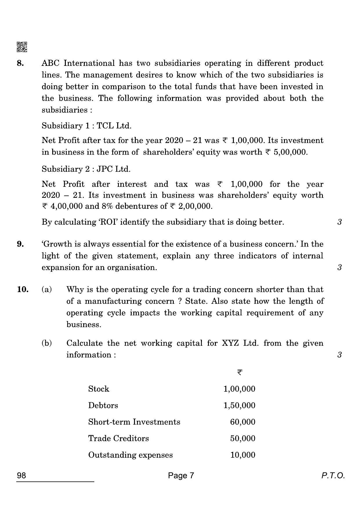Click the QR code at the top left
coord(22,47)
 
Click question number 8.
coord(20,63)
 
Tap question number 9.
coord(20,244)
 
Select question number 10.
coord(23,289)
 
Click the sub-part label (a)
coord(47,289)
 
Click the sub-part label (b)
coord(47,343)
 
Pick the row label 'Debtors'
coord(103,405)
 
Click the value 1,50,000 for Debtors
coord(239,405)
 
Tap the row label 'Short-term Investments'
coord(134,422)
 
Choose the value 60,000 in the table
coord(243,422)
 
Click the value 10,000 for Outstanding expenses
coord(243,455)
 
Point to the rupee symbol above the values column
coord(240,372)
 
